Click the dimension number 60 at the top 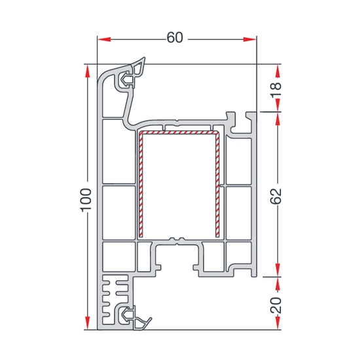point(175,37)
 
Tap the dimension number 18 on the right point(276,90)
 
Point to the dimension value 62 point(276,196)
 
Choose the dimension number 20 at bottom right point(276,306)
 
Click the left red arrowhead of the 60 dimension point(104,39)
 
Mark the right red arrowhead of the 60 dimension point(249,39)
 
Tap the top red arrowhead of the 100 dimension point(87,71)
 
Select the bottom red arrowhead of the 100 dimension point(87,323)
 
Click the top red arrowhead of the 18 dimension point(278,71)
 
